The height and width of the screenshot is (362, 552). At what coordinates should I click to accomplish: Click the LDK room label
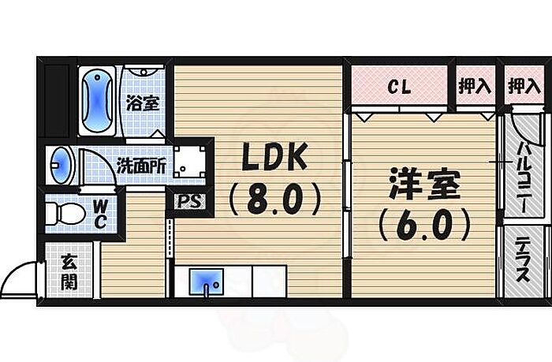[274, 157]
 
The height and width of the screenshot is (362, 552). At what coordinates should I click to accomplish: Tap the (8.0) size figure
[275, 200]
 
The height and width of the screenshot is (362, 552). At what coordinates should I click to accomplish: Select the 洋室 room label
[424, 184]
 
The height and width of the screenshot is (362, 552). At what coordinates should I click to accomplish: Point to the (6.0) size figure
[424, 224]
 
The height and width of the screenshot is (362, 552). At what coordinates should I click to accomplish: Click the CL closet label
[399, 86]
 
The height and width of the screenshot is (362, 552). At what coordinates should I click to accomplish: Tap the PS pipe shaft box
[190, 201]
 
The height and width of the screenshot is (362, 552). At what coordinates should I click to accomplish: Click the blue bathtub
[97, 101]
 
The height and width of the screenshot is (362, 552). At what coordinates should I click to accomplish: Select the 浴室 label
[143, 103]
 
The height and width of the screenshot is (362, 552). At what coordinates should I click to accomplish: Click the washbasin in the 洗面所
[61, 165]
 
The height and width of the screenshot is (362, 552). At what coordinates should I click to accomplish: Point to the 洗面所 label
[141, 166]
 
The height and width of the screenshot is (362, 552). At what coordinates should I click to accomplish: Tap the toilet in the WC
[65, 213]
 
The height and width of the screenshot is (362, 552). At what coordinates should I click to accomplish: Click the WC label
[100, 214]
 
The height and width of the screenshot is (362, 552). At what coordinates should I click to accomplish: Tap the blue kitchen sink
[207, 282]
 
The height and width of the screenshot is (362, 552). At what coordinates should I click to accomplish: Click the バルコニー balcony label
[523, 177]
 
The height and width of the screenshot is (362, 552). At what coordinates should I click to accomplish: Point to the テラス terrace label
[523, 260]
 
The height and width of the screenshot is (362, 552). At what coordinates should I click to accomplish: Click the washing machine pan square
[189, 162]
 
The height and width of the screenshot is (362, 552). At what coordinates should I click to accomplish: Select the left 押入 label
[475, 86]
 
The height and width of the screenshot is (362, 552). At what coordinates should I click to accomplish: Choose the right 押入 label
[524, 86]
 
